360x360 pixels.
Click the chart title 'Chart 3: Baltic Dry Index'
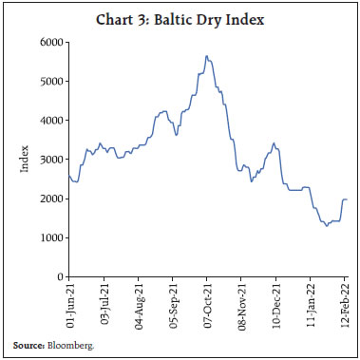pyautogui.click(x=180, y=17)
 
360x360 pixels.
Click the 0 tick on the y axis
pyautogui.click(x=58, y=276)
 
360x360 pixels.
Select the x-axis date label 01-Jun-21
pyautogui.click(x=69, y=303)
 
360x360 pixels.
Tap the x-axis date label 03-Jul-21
pyautogui.click(x=104, y=303)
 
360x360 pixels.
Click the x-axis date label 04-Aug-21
pyautogui.click(x=138, y=303)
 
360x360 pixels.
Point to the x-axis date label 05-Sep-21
pyautogui.click(x=172, y=303)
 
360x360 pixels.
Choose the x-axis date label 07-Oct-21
pyautogui.click(x=207, y=303)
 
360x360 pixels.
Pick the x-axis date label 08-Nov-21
pyautogui.click(x=241, y=303)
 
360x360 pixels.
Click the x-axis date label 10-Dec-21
pyautogui.click(x=275, y=303)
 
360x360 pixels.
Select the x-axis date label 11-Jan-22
pyautogui.click(x=310, y=303)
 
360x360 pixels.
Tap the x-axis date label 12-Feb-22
pyautogui.click(x=344, y=303)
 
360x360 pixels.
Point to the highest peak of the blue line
pyautogui.click(x=206, y=56)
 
